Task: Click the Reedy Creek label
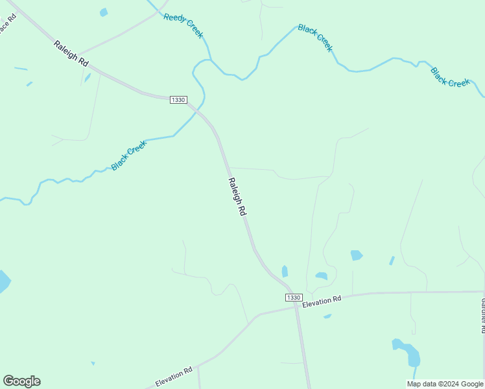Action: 183,25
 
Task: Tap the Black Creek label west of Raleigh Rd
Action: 129,156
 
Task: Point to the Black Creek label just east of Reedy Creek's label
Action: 316,38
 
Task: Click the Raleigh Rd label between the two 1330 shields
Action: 237,196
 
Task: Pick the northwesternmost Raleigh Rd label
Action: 71,54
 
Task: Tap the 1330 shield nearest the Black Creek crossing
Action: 178,100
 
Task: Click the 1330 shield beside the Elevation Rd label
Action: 293,297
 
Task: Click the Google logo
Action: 21,381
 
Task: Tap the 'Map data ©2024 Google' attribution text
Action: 445,384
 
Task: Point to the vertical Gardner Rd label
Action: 482,314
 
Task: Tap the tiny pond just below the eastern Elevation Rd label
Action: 327,316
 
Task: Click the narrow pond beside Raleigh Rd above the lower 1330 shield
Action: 285,271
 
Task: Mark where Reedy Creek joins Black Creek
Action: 209,60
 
